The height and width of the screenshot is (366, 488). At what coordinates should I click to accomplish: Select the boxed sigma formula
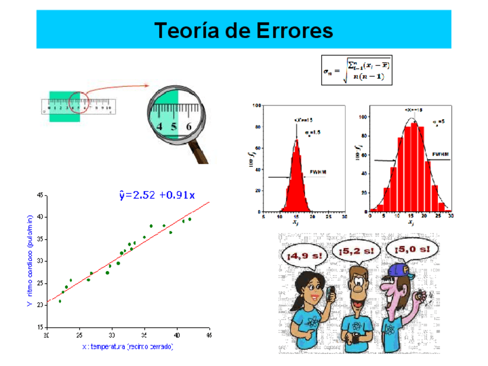pyautogui.click(x=357, y=70)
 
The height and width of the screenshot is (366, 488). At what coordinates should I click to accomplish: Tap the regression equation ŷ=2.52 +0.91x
pyautogui.click(x=157, y=195)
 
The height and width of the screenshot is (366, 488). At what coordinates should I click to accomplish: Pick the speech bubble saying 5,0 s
pyautogui.click(x=412, y=249)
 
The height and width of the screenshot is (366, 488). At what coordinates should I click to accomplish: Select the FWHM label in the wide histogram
pyautogui.click(x=441, y=154)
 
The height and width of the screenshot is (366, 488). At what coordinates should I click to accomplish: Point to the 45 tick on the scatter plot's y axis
pyautogui.click(x=40, y=196)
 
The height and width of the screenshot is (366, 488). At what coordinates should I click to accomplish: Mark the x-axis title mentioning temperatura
pyautogui.click(x=128, y=346)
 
